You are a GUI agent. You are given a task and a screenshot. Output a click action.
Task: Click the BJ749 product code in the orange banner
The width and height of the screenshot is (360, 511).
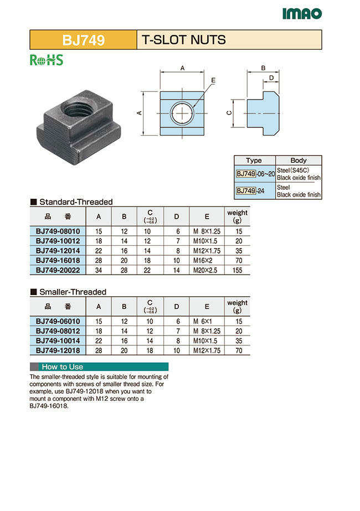[x=83, y=40]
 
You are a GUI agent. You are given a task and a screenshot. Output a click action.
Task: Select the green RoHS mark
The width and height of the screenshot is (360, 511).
[x=47, y=60]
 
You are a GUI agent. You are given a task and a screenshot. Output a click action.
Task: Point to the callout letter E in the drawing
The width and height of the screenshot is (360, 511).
[x=213, y=81]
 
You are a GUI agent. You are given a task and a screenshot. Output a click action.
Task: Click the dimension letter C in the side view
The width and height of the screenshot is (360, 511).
[x=229, y=112]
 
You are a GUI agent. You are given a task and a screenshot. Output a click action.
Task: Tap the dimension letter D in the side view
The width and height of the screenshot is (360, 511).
[x=271, y=78]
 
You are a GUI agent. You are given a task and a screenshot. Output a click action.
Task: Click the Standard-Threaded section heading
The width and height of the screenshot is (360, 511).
[x=75, y=202]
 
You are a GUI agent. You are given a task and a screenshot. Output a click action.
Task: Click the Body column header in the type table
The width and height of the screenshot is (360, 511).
[x=298, y=161]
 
